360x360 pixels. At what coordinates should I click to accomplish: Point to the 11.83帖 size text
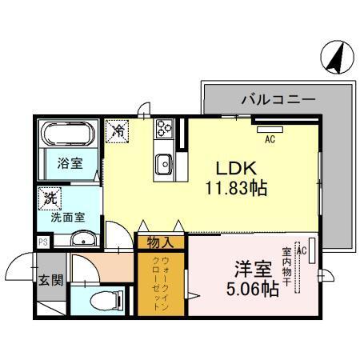(234, 190)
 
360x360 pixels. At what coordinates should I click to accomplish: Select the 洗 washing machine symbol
(50, 197)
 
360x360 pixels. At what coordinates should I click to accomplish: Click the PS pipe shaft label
(42, 241)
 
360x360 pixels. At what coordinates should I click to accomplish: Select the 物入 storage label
(162, 241)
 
